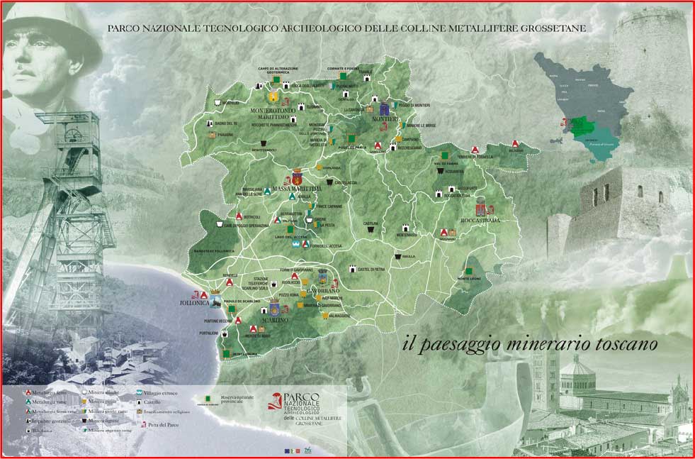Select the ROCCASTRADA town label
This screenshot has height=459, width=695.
480,221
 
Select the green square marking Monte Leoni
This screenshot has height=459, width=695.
469,270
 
